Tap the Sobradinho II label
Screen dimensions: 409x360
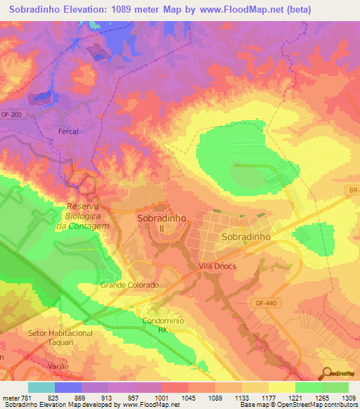click(x=162, y=223)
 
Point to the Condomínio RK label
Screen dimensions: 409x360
click(x=162, y=324)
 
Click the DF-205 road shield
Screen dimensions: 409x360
click(x=12, y=114)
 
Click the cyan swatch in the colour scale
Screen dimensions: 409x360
click(x=41, y=387)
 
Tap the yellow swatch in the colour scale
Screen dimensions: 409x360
click(x=281, y=387)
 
